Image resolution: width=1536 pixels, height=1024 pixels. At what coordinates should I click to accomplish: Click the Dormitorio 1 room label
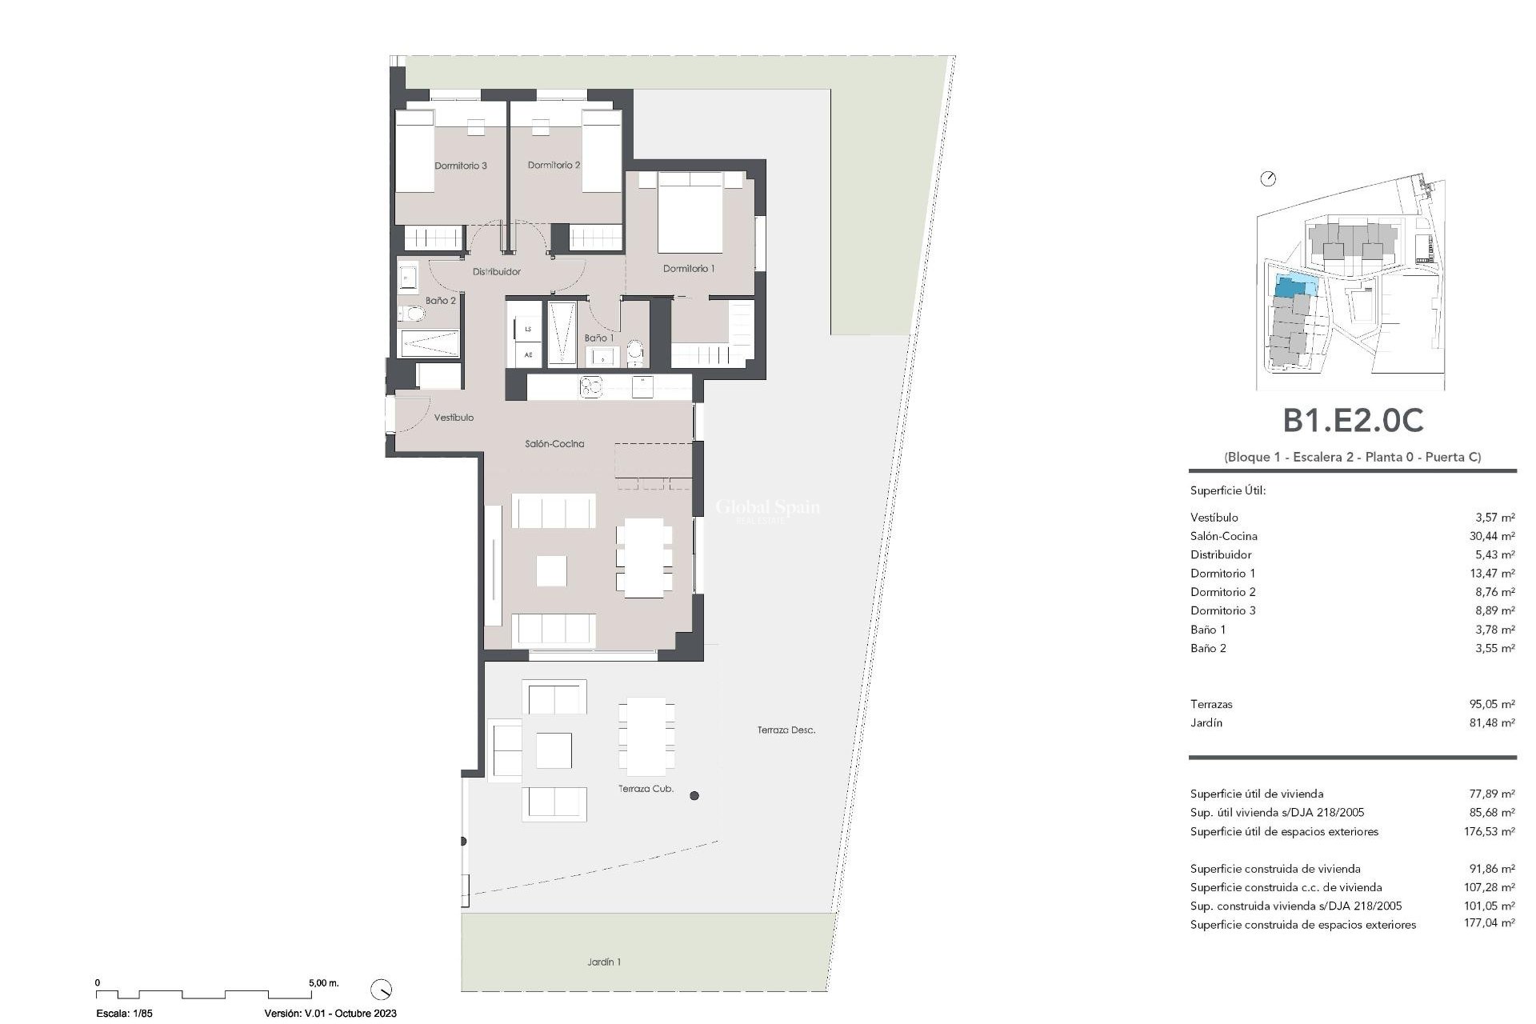coord(689,269)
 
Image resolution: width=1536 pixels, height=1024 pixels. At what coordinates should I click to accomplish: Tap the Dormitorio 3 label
coord(461,166)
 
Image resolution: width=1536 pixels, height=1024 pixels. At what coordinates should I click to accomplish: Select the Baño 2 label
coord(440,301)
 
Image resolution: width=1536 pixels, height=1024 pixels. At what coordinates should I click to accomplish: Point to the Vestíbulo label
coord(454,418)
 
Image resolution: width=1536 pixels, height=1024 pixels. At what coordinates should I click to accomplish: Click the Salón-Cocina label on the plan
coord(554,444)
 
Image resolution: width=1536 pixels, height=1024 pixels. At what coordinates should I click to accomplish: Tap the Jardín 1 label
coord(604,962)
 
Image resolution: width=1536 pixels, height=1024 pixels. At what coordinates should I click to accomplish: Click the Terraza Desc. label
coord(786,730)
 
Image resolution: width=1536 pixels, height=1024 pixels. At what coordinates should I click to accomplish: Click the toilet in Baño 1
coord(635,350)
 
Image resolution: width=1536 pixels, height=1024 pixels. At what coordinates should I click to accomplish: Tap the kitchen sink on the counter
coord(591,387)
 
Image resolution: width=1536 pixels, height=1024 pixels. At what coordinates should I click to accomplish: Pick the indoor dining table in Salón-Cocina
coord(645,558)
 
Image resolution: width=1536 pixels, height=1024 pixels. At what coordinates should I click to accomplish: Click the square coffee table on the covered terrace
coord(554,750)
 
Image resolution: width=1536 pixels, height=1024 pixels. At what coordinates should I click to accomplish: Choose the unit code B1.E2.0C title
coord(1353,421)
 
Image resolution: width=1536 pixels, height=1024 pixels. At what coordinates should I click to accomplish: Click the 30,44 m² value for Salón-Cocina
coord(1491,537)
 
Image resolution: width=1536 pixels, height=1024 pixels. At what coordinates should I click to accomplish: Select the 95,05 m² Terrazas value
coord(1491,705)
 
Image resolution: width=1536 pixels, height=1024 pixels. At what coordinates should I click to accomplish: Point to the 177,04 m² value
coord(1489,925)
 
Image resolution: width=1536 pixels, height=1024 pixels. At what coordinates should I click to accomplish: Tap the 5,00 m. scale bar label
coord(323,983)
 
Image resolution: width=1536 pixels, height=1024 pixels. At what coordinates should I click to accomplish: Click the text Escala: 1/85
coord(124,1014)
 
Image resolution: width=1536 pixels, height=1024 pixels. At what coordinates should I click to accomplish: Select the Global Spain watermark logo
coord(766,509)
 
